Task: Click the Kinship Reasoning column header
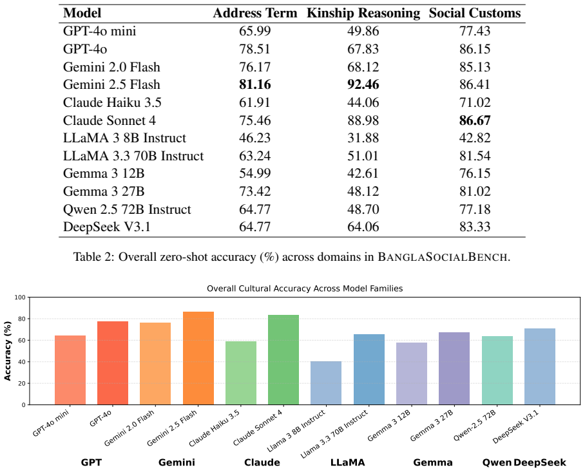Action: (x=363, y=13)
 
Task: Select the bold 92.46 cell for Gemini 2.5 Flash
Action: (x=363, y=84)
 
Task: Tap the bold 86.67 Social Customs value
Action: (x=475, y=120)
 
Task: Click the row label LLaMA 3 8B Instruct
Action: (x=124, y=138)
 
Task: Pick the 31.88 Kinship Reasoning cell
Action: (x=363, y=138)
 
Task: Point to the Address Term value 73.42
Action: (x=255, y=191)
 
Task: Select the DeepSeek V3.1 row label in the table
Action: (x=107, y=227)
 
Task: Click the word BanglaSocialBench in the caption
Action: (x=443, y=257)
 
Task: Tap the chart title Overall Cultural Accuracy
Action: (x=305, y=288)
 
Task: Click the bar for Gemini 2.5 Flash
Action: (x=198, y=358)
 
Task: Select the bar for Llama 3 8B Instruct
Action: (x=326, y=383)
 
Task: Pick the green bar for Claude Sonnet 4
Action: (x=283, y=360)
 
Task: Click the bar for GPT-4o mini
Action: (x=70, y=370)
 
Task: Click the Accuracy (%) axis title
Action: (x=8, y=351)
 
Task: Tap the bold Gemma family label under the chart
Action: (x=433, y=463)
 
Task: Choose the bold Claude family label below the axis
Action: (x=262, y=463)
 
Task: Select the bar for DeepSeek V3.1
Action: (x=540, y=366)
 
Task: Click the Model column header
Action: (x=82, y=13)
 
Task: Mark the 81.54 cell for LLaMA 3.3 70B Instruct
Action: (x=475, y=156)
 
